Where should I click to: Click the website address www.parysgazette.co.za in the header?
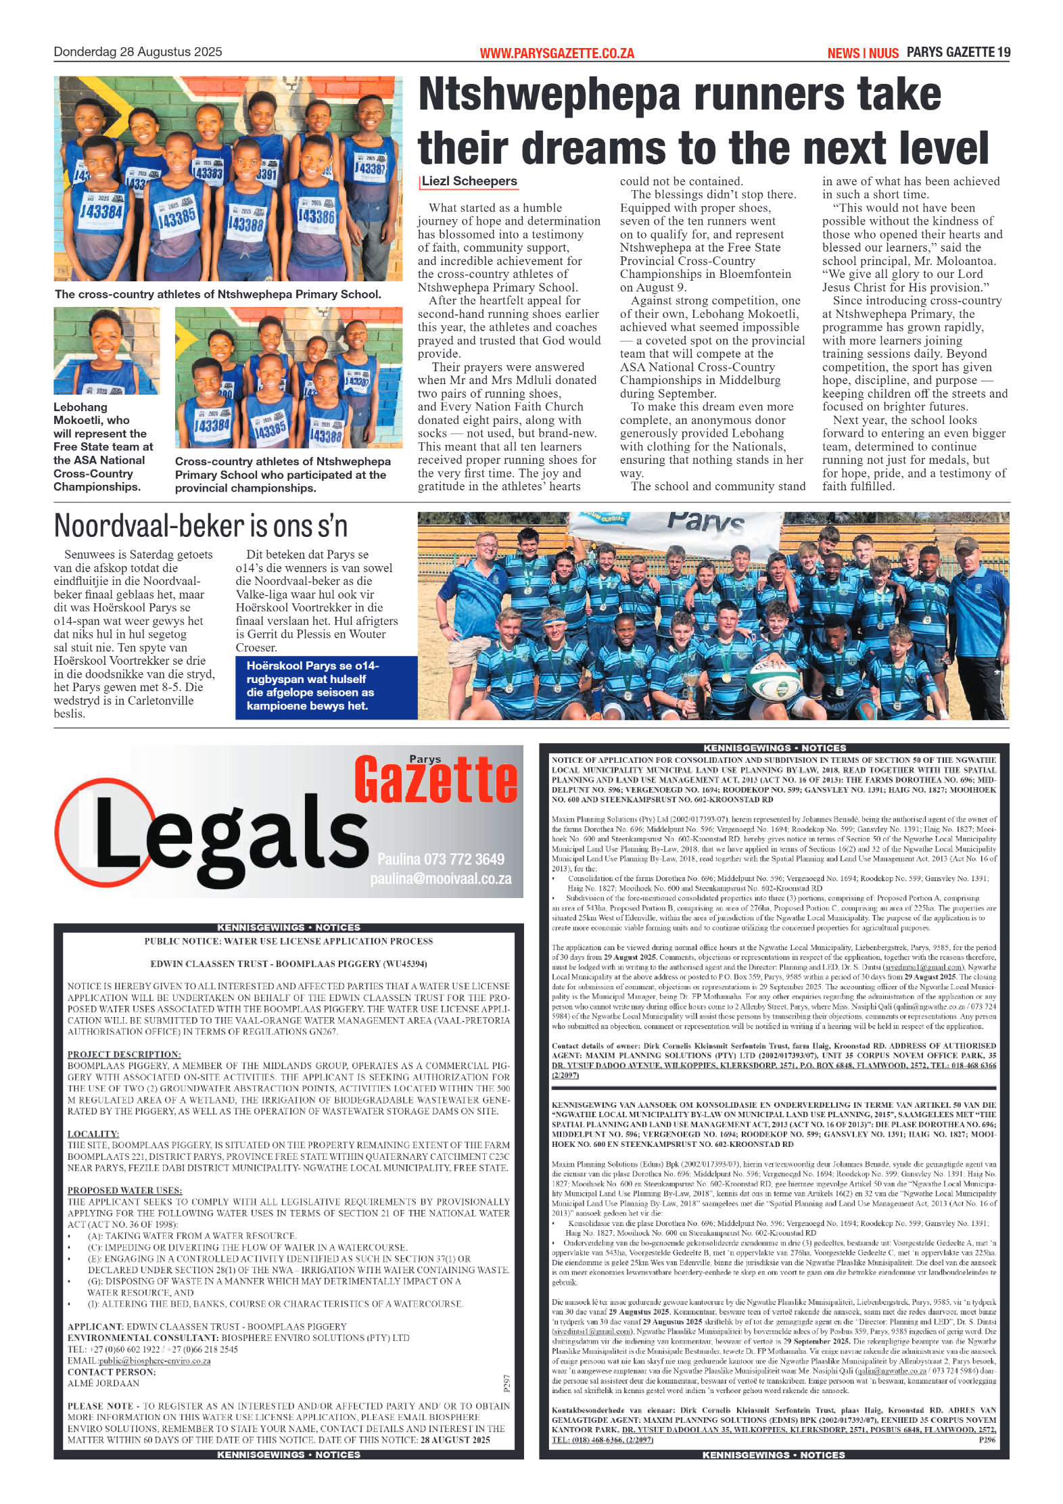coord(557,53)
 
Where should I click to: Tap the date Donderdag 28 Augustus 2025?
coord(138,52)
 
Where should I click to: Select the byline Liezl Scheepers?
coord(469,181)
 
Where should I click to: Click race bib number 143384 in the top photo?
coord(101,212)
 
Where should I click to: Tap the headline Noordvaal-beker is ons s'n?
coord(201,526)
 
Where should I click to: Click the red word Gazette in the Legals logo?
coord(436,780)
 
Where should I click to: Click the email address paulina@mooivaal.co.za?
coord(441,878)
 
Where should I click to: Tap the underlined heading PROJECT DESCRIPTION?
coord(124,1054)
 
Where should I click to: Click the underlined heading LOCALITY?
coord(93,1133)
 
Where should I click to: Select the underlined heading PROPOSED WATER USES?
coord(124,1190)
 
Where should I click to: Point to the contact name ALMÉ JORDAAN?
coord(103,1384)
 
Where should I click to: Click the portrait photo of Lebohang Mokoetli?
coord(107,350)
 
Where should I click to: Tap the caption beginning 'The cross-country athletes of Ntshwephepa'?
coord(218,294)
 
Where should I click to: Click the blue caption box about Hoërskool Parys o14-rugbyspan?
coord(326,686)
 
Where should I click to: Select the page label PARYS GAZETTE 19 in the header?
coord(958,52)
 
